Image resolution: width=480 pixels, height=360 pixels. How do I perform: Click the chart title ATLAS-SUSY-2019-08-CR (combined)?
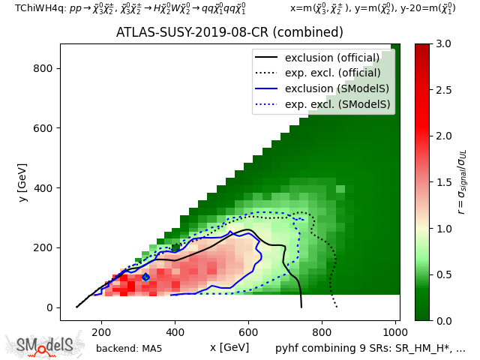point(229,33)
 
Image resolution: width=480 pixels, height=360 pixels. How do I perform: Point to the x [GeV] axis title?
point(229,347)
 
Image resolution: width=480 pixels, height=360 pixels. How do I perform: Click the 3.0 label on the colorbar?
point(442,44)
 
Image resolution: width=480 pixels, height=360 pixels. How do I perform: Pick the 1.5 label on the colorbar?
point(442,182)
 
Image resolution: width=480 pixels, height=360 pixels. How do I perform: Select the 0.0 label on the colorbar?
point(442,320)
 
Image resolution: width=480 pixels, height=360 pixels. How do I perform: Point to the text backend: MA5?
point(129,348)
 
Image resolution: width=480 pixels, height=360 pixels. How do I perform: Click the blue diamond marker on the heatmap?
point(145,277)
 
